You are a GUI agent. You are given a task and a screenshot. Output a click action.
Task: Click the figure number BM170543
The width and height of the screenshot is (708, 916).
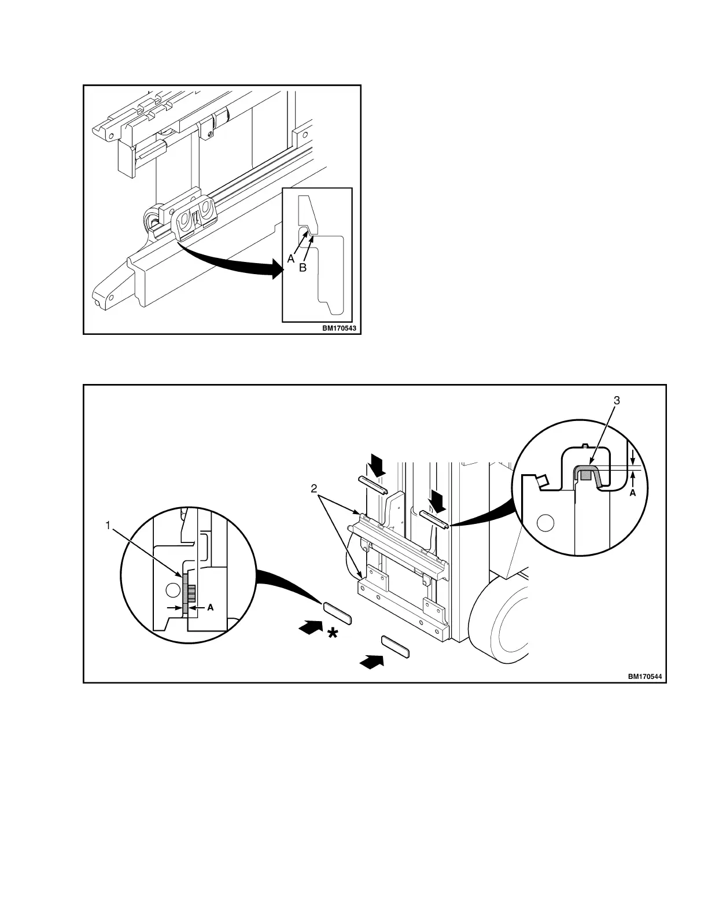(x=340, y=328)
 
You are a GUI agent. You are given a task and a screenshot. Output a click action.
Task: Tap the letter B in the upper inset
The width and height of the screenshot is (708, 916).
(x=302, y=268)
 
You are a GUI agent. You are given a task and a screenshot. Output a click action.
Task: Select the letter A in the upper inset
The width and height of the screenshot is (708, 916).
(x=291, y=259)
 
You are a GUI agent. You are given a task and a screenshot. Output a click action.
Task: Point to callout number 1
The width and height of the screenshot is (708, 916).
(x=107, y=525)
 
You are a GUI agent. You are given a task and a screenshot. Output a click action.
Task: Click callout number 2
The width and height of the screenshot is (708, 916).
(x=314, y=489)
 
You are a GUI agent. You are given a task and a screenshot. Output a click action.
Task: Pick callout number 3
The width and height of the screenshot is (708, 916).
(x=617, y=400)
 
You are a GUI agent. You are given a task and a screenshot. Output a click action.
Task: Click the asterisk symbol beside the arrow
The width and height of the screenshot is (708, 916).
(x=333, y=634)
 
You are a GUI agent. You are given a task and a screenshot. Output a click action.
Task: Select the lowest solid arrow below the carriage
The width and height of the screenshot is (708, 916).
(x=371, y=660)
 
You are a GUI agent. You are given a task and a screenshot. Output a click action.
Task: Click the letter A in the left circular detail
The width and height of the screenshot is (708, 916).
(x=211, y=608)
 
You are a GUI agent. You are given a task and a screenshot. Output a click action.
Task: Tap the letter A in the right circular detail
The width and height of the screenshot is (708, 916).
(x=632, y=493)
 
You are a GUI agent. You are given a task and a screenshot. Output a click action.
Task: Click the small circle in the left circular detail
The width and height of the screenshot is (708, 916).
(x=171, y=590)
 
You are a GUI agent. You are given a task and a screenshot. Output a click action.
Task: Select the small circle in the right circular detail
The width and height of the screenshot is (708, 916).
(x=544, y=523)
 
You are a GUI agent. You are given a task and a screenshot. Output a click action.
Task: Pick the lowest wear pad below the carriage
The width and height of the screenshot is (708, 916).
(x=396, y=645)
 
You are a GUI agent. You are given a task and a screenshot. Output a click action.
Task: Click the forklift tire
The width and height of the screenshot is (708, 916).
(x=502, y=622)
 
